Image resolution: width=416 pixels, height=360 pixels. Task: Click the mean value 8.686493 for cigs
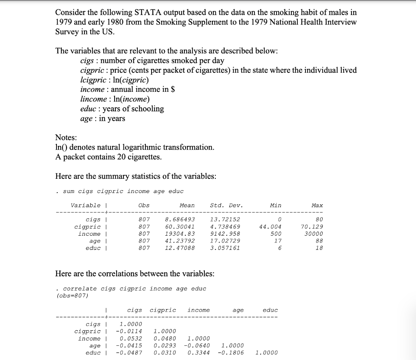click(180, 219)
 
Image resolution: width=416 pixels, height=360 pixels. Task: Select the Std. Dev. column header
click(226, 206)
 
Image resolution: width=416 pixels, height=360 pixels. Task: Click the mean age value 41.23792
click(180, 241)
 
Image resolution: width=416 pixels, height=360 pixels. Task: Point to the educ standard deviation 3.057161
click(225, 248)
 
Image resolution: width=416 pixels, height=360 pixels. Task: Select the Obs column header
click(144, 206)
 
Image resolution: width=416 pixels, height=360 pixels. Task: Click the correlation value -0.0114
click(131, 331)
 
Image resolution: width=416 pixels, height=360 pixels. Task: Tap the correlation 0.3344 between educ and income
click(199, 353)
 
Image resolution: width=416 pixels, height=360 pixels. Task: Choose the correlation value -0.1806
click(233, 353)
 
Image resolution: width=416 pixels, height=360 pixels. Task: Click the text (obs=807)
click(72, 295)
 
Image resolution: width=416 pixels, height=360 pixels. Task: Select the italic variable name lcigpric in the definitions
click(94, 80)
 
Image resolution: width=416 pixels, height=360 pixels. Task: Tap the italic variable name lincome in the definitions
click(93, 99)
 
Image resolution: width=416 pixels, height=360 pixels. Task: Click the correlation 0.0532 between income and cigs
click(131, 338)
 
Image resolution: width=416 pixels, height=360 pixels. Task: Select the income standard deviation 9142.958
click(225, 234)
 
